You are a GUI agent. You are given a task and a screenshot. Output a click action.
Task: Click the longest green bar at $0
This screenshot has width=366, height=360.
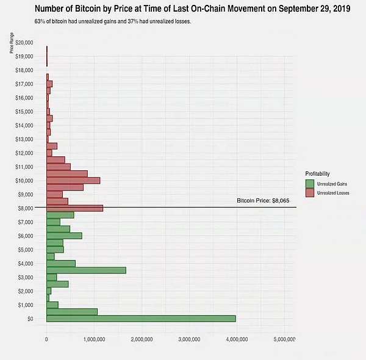[x=140, y=319]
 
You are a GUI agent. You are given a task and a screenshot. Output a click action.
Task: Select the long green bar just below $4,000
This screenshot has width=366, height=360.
[x=86, y=270]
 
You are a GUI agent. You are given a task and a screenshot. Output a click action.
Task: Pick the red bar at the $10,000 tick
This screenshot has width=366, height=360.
[x=73, y=180]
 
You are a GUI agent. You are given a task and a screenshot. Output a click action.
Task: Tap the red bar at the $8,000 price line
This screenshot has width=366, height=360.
[x=74, y=207]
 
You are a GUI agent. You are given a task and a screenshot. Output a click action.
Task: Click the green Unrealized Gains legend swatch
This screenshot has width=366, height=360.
[x=310, y=183]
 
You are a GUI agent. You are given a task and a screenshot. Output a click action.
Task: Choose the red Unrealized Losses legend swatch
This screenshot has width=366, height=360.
[x=310, y=193]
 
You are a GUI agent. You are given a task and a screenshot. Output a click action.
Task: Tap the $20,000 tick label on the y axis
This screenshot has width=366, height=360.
[x=26, y=42]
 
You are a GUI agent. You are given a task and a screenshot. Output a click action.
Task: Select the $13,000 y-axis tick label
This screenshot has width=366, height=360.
[x=26, y=139]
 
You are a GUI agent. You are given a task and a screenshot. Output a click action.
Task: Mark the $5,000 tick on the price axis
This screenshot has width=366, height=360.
[x=27, y=249]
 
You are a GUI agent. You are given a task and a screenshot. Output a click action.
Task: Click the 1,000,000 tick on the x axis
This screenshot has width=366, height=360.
[x=93, y=339]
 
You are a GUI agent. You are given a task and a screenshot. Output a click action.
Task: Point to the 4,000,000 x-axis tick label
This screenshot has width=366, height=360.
[x=236, y=339]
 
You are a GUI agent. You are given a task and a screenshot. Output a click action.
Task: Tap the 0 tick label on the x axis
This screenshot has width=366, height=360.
[x=46, y=339]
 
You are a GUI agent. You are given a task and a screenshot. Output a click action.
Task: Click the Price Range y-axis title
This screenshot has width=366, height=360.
[x=12, y=45]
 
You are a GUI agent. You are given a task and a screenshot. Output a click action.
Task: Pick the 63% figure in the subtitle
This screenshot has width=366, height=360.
[x=40, y=22]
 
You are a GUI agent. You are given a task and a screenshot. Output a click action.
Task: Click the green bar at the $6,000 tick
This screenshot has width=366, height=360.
[x=64, y=236]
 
